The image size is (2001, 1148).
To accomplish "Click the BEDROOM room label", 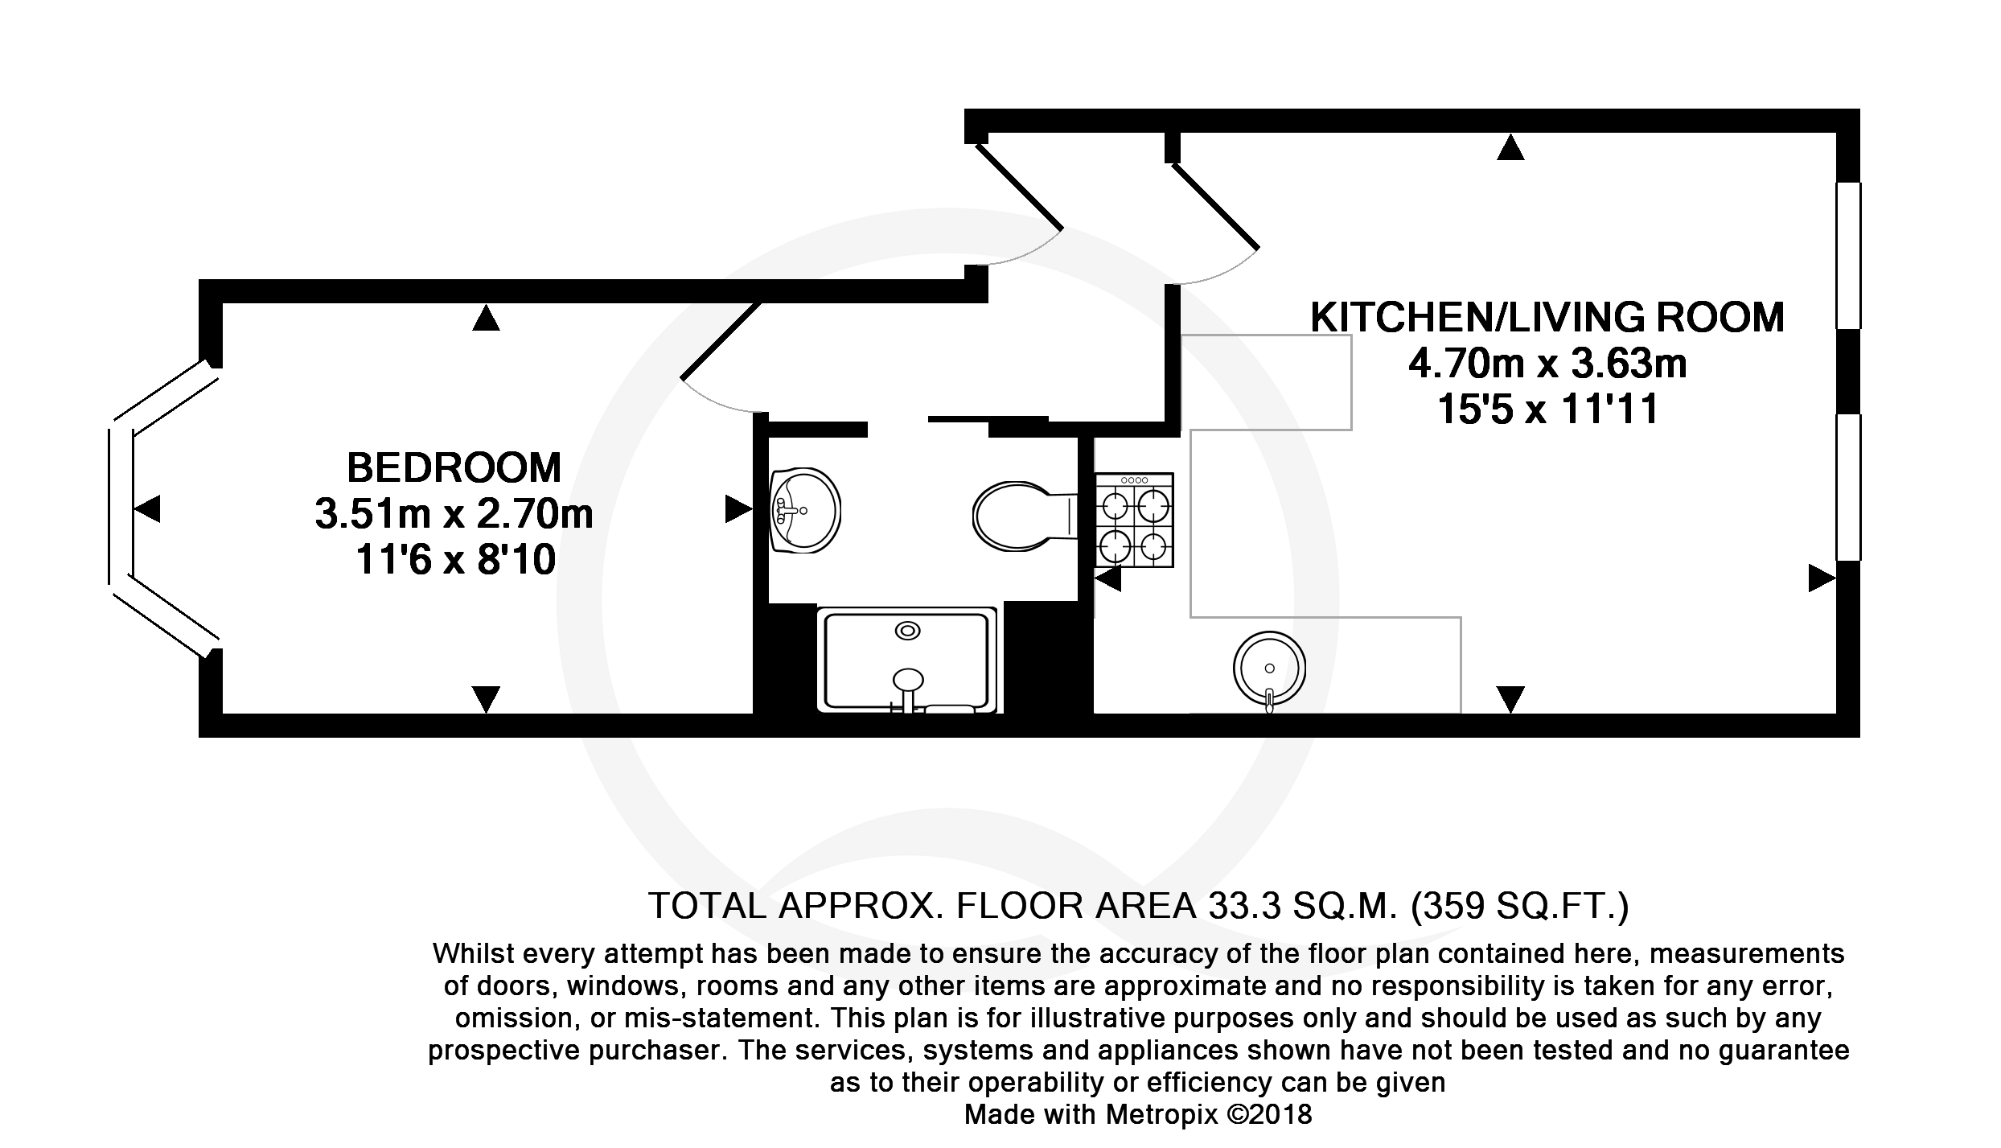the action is pos(454,467).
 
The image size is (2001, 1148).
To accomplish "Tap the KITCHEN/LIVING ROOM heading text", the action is pos(1547,317).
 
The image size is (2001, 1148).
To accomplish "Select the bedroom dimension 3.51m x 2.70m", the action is pos(454,514).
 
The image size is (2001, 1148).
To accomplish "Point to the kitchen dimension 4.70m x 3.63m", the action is pos(1547,364).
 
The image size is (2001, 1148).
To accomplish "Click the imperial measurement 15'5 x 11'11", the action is pos(1547,409).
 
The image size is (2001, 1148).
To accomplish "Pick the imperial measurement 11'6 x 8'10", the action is pos(455,560).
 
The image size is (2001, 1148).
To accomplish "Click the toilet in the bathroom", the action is pos(1025,515).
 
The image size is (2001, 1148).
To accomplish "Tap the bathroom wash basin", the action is pos(805,511).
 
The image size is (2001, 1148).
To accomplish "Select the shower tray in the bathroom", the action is pos(906,660).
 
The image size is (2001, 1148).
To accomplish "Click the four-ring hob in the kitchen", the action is pos(1134,520).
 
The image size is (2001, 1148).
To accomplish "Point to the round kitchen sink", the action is pos(1269,668).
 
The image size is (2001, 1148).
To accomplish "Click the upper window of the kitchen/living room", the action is pos(1848,256).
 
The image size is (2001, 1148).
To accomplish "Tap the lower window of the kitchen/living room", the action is pos(1848,487).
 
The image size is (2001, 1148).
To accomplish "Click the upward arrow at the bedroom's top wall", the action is pos(486,318).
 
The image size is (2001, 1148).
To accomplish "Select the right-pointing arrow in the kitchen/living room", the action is pos(1822,578).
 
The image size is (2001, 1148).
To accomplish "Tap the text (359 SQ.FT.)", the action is pos(1520,906).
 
